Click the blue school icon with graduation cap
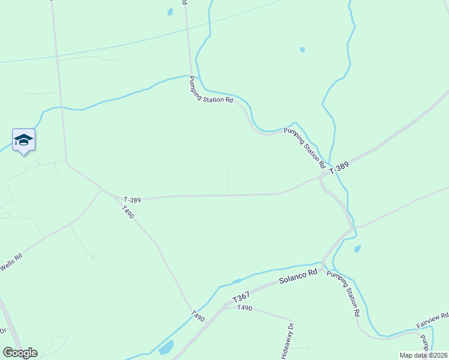[x=23, y=140]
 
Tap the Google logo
[x=20, y=352]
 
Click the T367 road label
[x=241, y=297]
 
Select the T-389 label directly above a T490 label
[x=132, y=199]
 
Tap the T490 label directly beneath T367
[x=244, y=308]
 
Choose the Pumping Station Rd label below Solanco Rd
[x=343, y=293]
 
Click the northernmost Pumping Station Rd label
[x=211, y=90]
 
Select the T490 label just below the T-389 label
[x=127, y=212]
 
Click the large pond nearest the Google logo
[x=166, y=347]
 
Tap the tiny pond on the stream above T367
[x=237, y=281]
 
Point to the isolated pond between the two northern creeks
[x=302, y=50]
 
